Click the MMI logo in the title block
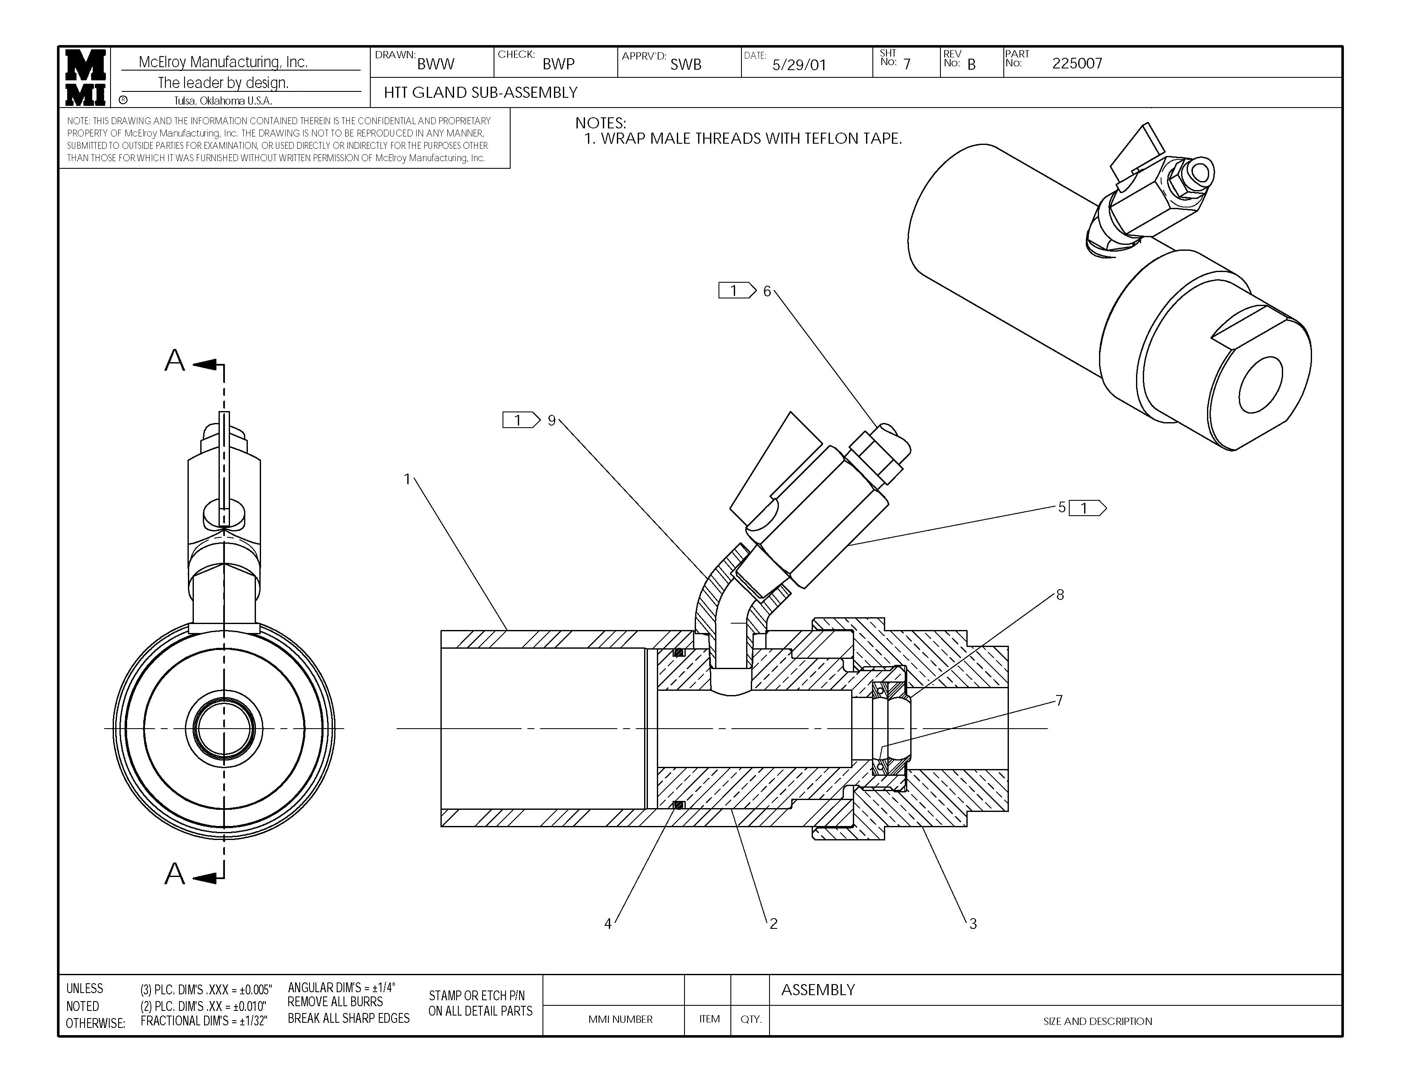pyautogui.click(x=85, y=77)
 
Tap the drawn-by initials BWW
pyautogui.click(x=435, y=64)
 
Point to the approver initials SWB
pyautogui.click(x=685, y=64)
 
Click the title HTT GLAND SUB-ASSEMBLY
pyautogui.click(x=480, y=93)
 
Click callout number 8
pyautogui.click(x=1059, y=595)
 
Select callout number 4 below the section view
pyautogui.click(x=607, y=923)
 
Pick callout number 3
pyautogui.click(x=973, y=923)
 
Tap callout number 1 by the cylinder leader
pyautogui.click(x=406, y=479)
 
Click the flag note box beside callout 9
pyautogui.click(x=520, y=420)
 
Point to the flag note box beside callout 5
pyautogui.click(x=1087, y=508)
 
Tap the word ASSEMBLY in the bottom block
pyautogui.click(x=817, y=990)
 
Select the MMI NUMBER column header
pyautogui.click(x=620, y=1019)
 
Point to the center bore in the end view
pyautogui.click(x=224, y=728)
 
